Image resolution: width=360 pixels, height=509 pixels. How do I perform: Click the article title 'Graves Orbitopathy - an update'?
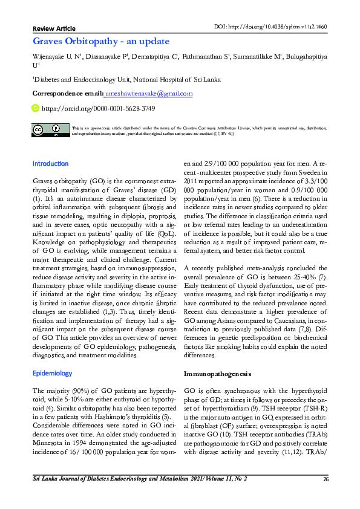pos(100,42)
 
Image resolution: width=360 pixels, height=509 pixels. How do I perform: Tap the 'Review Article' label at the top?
pos(54,28)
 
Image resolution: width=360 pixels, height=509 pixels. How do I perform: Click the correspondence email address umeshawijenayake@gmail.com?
pos(149,94)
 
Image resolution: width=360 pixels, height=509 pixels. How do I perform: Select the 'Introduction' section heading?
pos(50,164)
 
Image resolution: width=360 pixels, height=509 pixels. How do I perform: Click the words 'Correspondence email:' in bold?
pos(67,94)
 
